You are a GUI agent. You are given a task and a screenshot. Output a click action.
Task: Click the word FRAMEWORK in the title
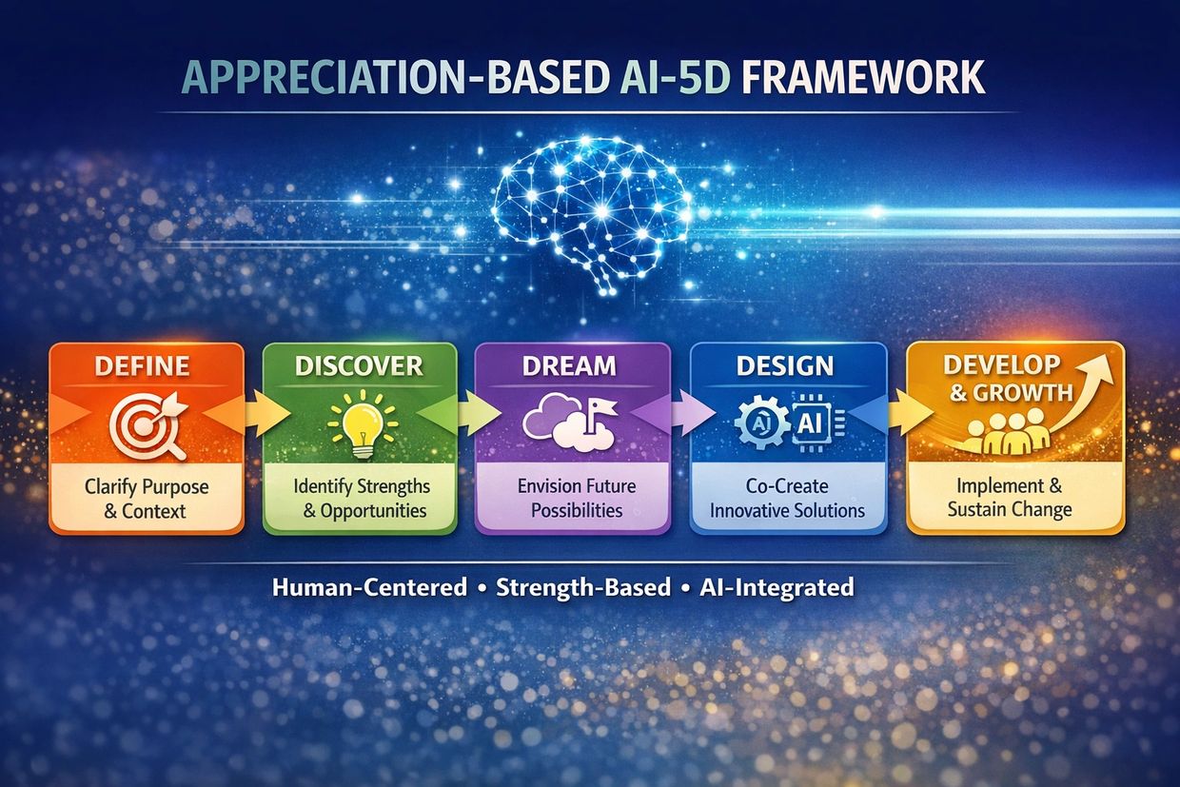point(863,77)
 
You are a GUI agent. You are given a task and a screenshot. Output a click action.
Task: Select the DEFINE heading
point(142,366)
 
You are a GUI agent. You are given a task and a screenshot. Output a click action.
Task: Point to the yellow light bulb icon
point(363,424)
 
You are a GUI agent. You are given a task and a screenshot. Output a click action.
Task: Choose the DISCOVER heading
point(360,366)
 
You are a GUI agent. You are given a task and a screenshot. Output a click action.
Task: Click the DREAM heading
point(569,365)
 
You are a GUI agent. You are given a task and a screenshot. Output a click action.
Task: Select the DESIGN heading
point(785,365)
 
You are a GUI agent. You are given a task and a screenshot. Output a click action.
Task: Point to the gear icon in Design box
point(762,423)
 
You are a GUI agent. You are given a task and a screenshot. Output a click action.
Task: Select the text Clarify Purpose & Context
point(147,499)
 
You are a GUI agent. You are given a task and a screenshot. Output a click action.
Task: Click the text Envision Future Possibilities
point(577,498)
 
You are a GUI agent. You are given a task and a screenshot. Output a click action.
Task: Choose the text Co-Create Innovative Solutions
point(787,498)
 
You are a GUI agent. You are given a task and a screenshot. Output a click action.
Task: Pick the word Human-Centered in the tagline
point(369,587)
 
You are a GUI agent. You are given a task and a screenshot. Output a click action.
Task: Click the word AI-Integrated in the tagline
point(777,587)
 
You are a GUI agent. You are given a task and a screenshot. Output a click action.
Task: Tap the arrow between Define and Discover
point(267,414)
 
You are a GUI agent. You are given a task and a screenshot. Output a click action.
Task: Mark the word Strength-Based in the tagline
point(583,588)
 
